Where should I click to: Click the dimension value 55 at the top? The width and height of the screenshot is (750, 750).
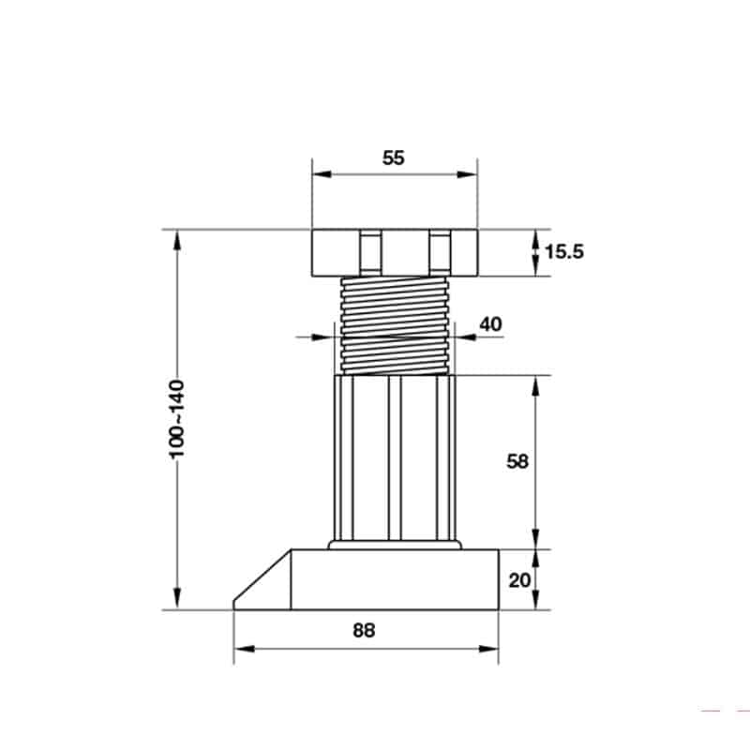point(393,157)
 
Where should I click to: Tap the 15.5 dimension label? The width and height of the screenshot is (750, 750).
point(564,251)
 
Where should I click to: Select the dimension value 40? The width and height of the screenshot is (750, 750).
point(490,324)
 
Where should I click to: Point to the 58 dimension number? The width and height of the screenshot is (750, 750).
point(517,461)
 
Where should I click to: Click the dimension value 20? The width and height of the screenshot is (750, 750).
point(519,580)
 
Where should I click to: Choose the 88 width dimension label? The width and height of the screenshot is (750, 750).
point(364,630)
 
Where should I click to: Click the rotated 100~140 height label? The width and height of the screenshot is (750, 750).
point(177,419)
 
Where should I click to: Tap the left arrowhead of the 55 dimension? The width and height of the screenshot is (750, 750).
point(322,174)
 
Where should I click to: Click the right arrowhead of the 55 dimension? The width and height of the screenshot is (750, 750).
point(467,174)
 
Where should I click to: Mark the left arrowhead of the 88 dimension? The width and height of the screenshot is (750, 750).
point(244,649)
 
